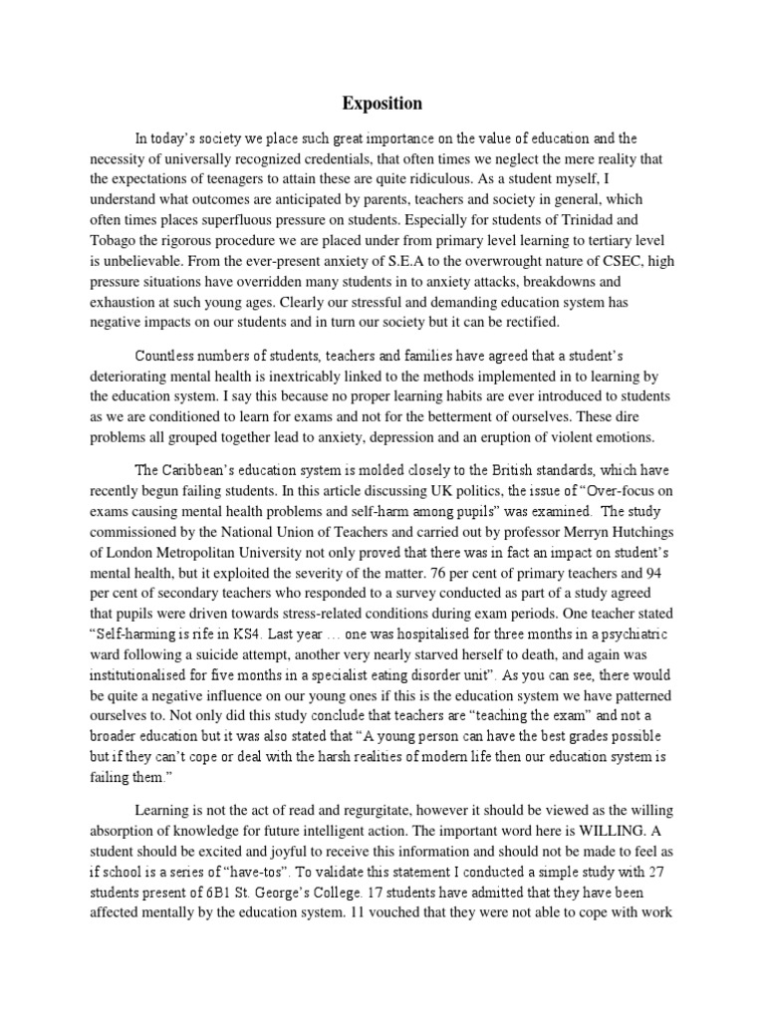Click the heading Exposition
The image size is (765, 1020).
tap(382, 104)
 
